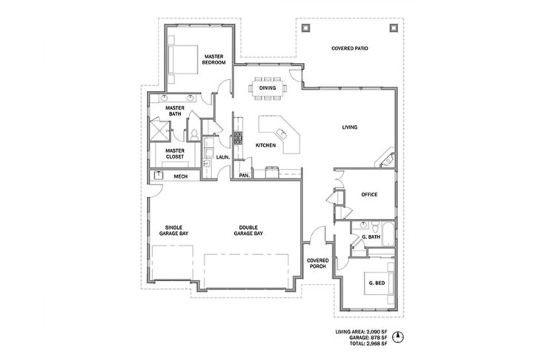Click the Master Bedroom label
click(x=214, y=59)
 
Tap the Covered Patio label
click(x=350, y=48)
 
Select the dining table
click(x=268, y=88)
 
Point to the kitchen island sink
click(x=282, y=133)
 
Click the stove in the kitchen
click(x=238, y=138)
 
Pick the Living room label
click(x=350, y=127)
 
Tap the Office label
click(x=369, y=195)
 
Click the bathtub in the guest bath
click(x=389, y=234)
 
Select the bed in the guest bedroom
click(x=380, y=283)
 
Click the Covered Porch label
click(x=318, y=263)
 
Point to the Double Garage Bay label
click(x=248, y=230)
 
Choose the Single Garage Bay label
click(x=173, y=230)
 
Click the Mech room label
click(x=180, y=176)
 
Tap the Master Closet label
click(x=175, y=153)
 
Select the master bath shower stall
click(x=160, y=131)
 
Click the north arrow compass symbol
click(x=399, y=337)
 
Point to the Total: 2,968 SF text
click(x=368, y=344)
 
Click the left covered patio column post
click(x=305, y=27)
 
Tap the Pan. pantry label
click(x=245, y=175)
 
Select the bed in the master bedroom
click(x=183, y=59)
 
